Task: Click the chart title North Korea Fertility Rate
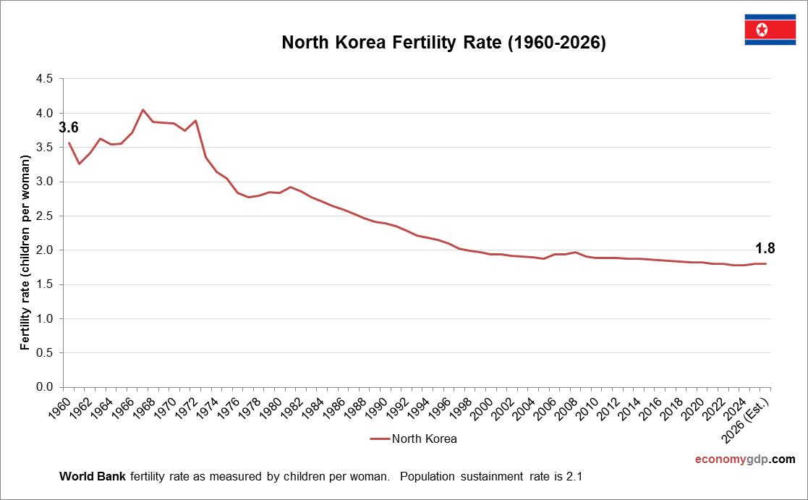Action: [x=443, y=43]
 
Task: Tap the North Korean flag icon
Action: [x=770, y=30]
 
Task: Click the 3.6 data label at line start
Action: [x=69, y=128]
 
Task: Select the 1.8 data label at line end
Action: [x=765, y=248]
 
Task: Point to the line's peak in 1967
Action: [x=143, y=110]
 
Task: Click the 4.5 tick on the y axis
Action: [x=44, y=79]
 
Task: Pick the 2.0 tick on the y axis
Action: [x=44, y=250]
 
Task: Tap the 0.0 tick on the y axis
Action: [x=44, y=387]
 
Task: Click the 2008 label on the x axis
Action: [x=568, y=405]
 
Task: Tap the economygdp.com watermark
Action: [x=744, y=459]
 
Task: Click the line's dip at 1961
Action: [x=80, y=164]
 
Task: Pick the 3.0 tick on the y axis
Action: [x=44, y=182]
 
